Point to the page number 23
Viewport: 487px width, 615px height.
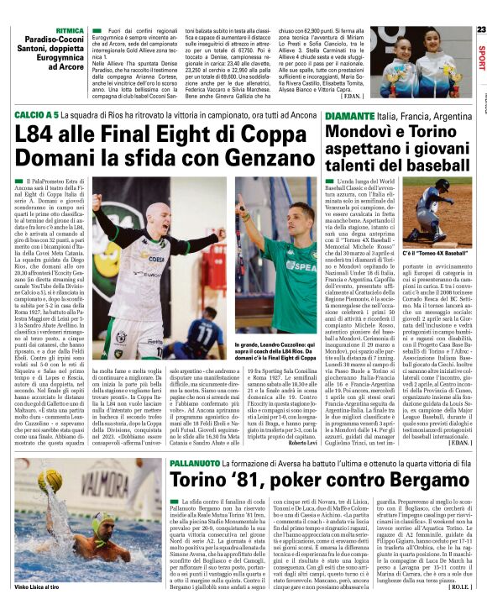[x=480, y=29]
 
